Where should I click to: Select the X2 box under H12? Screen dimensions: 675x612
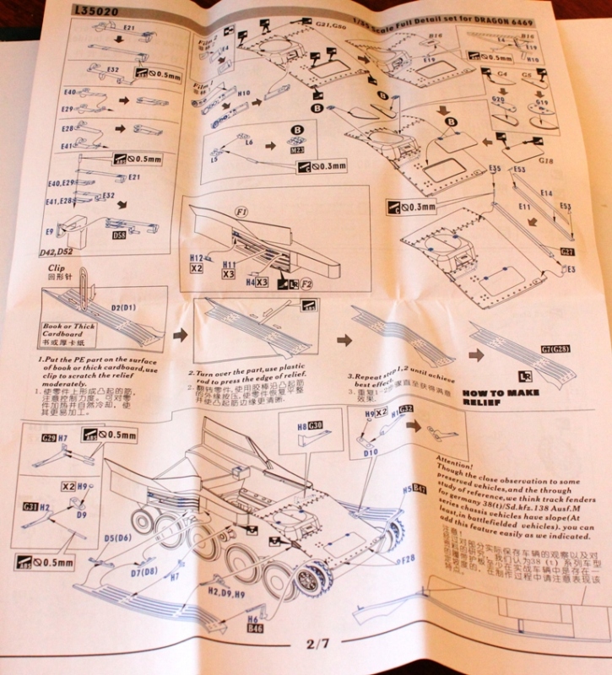tap(198, 267)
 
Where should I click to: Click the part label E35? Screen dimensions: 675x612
tap(495, 170)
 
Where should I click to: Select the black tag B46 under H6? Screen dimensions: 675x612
tap(253, 628)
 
